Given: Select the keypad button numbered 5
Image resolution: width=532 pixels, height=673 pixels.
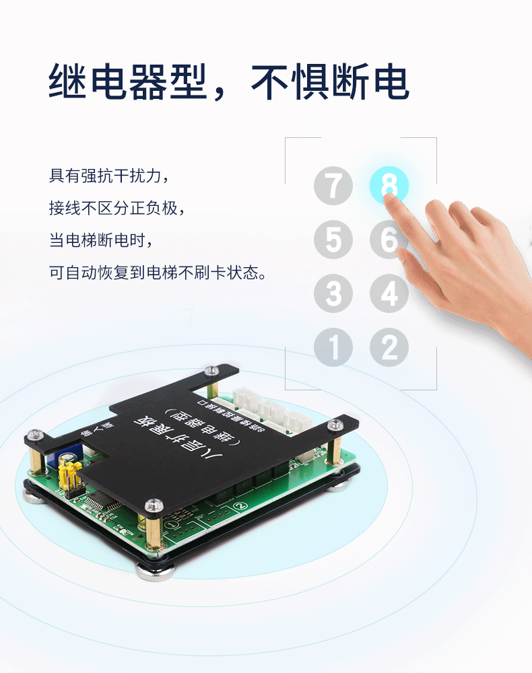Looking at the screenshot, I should (x=333, y=240).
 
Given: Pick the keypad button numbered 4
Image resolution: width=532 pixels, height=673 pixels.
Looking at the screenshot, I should (x=389, y=294).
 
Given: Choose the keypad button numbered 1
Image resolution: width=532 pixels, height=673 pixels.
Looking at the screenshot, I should (x=333, y=347).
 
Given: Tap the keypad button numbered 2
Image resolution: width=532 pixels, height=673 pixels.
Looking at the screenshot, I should (x=389, y=347).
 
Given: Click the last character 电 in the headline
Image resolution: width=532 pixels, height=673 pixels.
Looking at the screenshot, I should (x=389, y=82).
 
